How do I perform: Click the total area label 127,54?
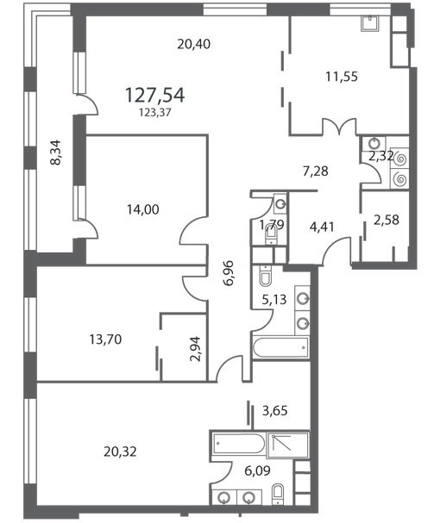154,95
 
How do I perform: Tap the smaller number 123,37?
155,113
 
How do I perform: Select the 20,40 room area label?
194,44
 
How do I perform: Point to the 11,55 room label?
342,77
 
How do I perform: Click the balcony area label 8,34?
55,153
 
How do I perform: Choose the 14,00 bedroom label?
143,209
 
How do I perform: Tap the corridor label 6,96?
230,273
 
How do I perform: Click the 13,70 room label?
105,339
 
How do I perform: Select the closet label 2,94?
196,349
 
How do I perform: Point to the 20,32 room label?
120,452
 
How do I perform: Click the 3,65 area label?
274,411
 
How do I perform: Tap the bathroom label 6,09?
258,471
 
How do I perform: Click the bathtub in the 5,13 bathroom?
280,348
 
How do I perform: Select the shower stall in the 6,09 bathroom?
287,445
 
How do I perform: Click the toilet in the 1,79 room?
271,236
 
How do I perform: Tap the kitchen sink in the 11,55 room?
370,23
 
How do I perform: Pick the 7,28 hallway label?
316,171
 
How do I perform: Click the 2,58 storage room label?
387,220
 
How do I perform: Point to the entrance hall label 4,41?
322,227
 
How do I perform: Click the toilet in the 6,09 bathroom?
278,495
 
